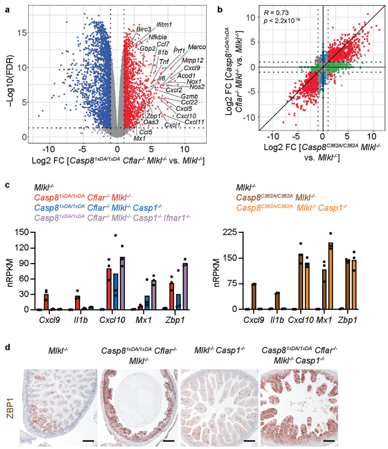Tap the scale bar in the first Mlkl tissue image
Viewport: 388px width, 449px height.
click(x=88, y=439)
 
